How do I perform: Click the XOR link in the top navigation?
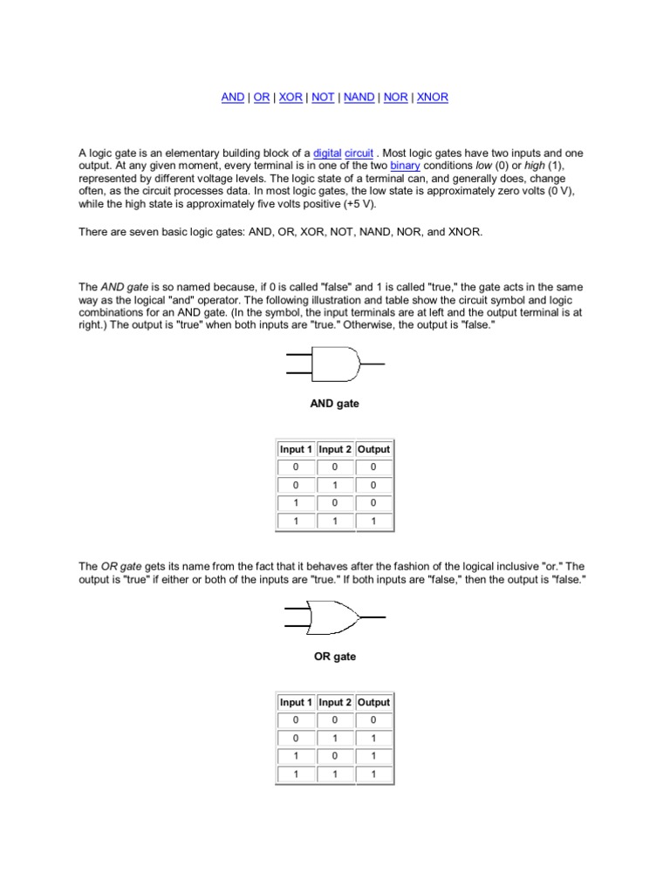coord(291,98)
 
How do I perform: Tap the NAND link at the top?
coord(359,98)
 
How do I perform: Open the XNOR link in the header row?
coord(433,98)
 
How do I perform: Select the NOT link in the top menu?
coord(323,98)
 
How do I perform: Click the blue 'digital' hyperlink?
coord(327,153)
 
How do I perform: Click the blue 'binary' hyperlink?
coord(404,166)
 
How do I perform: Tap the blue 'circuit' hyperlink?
coord(359,153)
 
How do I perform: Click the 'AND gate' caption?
coord(335,404)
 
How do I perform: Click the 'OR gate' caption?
coord(335,657)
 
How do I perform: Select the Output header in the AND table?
coord(374,449)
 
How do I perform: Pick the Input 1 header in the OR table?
coord(296,702)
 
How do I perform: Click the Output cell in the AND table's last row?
coord(374,521)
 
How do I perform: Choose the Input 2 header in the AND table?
coord(335,449)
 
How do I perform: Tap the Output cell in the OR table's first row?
coord(374,720)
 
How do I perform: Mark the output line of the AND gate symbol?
coord(372,364)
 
